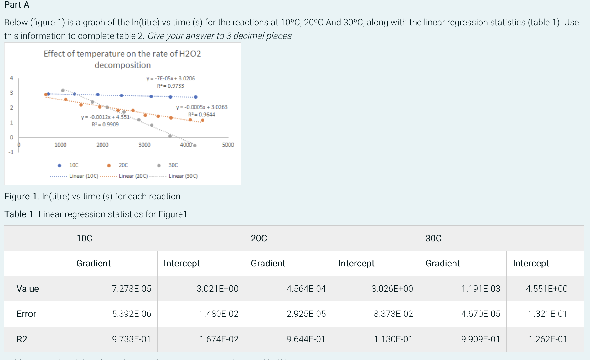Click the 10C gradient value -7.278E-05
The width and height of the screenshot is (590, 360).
pos(130,289)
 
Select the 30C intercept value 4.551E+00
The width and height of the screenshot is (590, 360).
pos(546,289)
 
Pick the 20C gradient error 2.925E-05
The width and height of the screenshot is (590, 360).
pos(306,314)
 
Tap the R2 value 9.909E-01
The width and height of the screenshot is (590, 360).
pos(480,339)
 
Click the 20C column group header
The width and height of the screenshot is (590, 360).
pos(259,238)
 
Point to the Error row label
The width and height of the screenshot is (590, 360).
pos(26,314)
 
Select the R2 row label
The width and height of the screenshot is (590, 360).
pos(22,339)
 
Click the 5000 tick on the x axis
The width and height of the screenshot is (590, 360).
pos(228,145)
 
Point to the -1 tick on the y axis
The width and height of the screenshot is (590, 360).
pos(11,152)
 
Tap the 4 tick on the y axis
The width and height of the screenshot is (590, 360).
pos(12,78)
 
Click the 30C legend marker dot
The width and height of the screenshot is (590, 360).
pos(159,165)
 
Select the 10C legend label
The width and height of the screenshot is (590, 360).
pos(74,165)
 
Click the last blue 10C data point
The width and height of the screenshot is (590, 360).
pos(196,97)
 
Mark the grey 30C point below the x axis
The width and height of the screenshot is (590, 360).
pos(195,145)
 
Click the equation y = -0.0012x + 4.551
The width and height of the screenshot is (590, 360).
pos(105,117)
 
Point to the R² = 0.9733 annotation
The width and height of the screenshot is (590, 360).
pos(170,86)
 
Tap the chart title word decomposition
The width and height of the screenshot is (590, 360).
pos(122,65)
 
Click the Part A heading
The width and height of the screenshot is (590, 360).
pos(17,5)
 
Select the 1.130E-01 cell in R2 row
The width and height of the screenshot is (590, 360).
pos(393,339)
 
